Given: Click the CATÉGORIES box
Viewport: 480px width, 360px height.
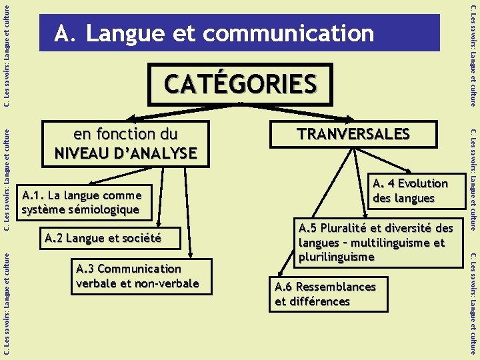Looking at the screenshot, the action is (241, 85).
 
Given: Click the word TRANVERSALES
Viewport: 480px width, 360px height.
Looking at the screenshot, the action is (353, 133).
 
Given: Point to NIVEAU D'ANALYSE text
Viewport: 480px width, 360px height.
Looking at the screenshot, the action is (125, 153).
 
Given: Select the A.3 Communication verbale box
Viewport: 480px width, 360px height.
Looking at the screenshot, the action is (137, 276).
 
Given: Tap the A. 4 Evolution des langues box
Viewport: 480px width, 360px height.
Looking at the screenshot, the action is (409, 191).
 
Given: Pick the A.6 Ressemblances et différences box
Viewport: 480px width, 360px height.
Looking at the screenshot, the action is (325, 294).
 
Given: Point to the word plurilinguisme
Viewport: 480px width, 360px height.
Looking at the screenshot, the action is (337, 257).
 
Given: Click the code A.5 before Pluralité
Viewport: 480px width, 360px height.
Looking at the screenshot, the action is (311, 228).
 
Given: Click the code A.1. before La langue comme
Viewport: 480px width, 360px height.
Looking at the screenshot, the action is (34, 195).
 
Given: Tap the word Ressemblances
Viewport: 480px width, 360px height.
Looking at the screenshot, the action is (336, 287).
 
